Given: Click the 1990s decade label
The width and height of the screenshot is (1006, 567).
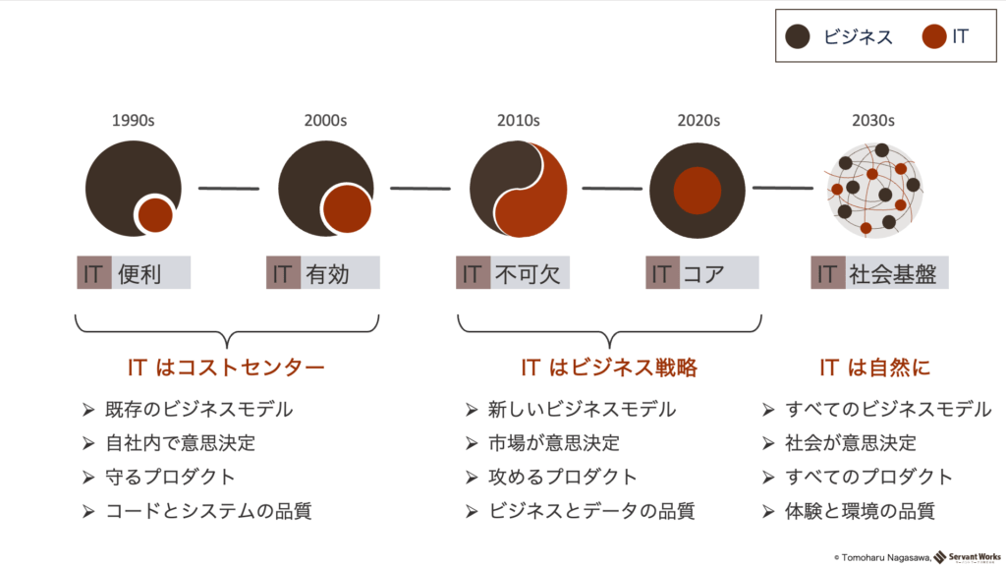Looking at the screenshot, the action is (x=133, y=121).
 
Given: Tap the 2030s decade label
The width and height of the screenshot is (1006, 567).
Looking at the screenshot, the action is (x=872, y=121).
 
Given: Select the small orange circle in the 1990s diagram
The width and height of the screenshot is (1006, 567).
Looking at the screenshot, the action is (x=154, y=215).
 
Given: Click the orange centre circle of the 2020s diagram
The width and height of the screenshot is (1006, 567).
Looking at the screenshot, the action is (x=698, y=191).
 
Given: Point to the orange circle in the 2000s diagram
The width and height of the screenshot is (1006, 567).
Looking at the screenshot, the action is (x=347, y=209).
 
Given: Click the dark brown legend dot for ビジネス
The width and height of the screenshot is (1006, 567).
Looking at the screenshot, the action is (x=798, y=36).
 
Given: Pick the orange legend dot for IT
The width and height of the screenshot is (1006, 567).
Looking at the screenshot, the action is (x=934, y=36).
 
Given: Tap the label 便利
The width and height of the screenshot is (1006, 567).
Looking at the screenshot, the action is (x=140, y=274).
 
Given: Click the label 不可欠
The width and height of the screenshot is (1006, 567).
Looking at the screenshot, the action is (x=528, y=274).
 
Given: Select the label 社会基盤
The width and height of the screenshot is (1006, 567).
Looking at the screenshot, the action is (x=892, y=274).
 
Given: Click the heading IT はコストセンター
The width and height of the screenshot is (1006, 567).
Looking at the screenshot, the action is (x=226, y=368).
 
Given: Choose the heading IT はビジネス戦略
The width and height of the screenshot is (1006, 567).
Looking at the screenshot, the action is (x=609, y=368).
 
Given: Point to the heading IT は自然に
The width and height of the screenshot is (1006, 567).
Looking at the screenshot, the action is (x=875, y=368).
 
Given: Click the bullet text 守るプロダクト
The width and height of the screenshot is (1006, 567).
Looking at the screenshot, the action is (x=170, y=478).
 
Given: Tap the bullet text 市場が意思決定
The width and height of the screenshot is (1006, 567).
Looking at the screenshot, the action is (x=554, y=443).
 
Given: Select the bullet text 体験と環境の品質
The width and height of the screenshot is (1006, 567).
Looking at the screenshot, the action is (x=860, y=511).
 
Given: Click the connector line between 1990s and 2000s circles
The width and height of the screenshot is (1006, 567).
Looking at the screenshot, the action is (x=229, y=188).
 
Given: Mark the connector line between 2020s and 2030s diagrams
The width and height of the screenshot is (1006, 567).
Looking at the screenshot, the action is (x=783, y=188).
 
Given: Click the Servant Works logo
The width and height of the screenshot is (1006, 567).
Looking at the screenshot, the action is (x=967, y=557).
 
